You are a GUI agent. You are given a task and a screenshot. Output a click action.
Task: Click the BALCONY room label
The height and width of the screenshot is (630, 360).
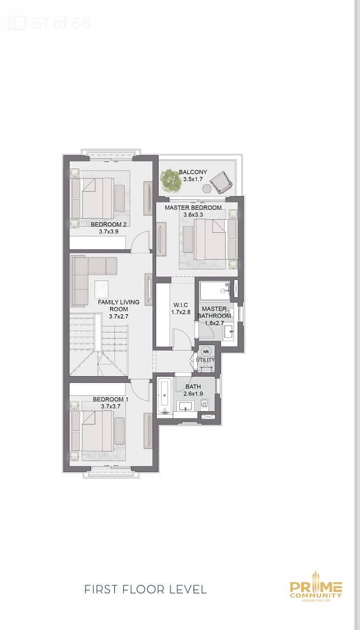pyautogui.click(x=193, y=172)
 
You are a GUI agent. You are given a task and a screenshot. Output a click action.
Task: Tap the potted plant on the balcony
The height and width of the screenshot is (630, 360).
pyautogui.click(x=171, y=181)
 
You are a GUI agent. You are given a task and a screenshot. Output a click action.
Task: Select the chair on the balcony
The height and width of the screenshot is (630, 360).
pyautogui.click(x=221, y=182)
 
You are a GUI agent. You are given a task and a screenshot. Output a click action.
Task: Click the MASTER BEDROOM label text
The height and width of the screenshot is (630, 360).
pyautogui.click(x=193, y=208)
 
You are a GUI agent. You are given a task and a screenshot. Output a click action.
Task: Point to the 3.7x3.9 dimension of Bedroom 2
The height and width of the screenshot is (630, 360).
pyautogui.click(x=109, y=232)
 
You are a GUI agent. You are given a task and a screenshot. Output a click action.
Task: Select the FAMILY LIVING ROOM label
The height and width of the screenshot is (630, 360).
pyautogui.click(x=119, y=306)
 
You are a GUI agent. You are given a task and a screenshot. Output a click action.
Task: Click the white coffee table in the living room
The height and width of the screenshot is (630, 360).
pyautogui.click(x=101, y=289)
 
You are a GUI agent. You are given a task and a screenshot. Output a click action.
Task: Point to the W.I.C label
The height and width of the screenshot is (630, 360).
pyautogui.click(x=180, y=305)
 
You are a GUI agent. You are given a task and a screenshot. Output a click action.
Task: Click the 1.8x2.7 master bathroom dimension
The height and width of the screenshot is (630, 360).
pyautogui.click(x=214, y=323)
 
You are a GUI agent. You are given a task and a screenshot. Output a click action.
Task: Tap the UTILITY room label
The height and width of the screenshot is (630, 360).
pyautogui.click(x=206, y=360)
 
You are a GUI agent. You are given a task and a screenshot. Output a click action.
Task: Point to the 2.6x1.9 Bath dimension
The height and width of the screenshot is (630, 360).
pyautogui.click(x=193, y=394)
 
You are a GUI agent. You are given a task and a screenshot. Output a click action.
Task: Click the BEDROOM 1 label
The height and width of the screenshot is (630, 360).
pyautogui.click(x=111, y=399)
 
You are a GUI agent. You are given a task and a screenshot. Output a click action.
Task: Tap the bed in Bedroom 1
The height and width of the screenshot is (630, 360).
pyautogui.click(x=97, y=431)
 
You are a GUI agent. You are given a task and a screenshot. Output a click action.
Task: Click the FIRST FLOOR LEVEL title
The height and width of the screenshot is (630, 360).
pyautogui.click(x=146, y=589)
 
